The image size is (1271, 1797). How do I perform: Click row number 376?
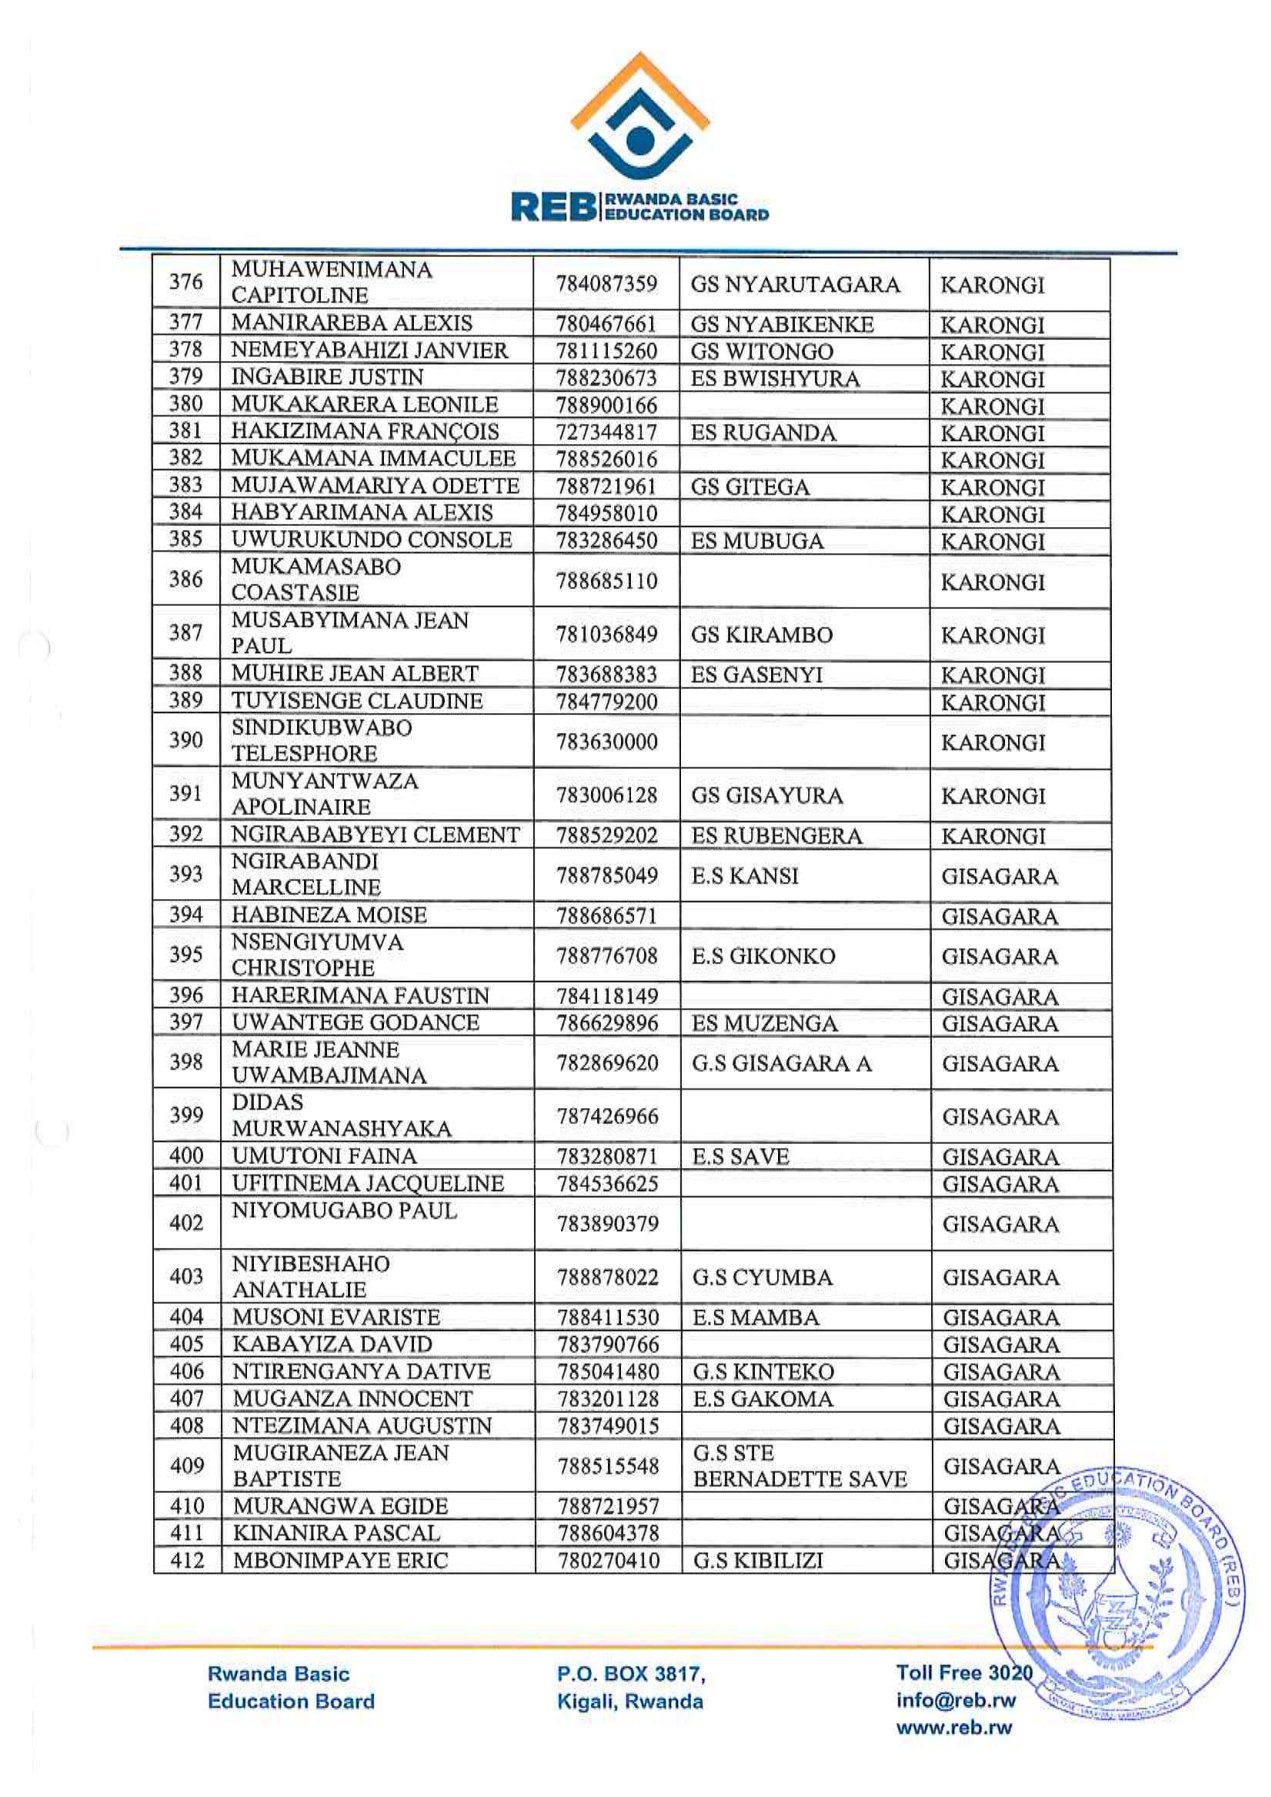pos(186,282)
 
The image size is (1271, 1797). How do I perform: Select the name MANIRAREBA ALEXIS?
pos(352,323)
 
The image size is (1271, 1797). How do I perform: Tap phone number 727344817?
pos(606,432)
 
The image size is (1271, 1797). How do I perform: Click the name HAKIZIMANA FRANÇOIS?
pos(365,431)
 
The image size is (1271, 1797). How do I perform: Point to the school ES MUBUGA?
pos(757,541)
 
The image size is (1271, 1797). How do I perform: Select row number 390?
pos(186,740)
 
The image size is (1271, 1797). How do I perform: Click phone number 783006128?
pos(607,795)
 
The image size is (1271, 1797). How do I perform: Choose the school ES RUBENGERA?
pos(776,836)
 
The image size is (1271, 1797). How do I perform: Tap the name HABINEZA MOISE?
pos(329,915)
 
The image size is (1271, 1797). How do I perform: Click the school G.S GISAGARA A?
pos(781,1063)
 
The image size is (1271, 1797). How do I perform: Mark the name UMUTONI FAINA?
pos(324,1156)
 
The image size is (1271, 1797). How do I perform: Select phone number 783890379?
pos(608,1223)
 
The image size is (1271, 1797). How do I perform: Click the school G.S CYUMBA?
pos(762,1277)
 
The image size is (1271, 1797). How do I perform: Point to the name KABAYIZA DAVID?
pos(332,1344)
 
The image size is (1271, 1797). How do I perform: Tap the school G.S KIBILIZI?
pos(758,1560)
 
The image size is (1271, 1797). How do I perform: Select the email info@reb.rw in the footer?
pos(955,1700)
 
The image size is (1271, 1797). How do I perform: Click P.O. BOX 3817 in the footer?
pos(631,1673)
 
